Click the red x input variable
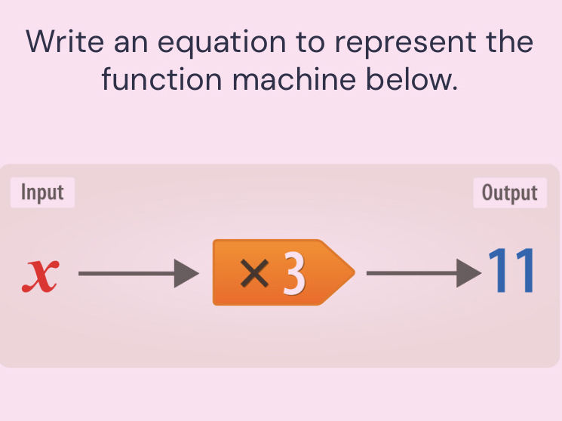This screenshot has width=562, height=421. point(41,275)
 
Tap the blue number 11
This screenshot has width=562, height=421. point(511,270)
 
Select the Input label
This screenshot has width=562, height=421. point(42,192)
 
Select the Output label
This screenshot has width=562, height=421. point(510,192)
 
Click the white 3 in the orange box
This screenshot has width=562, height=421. point(294,272)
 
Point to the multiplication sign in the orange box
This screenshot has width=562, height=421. point(254,273)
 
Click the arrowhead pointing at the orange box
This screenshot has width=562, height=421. point(186,273)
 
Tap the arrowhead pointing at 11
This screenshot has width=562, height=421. point(468,273)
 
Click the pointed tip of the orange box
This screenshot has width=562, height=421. point(355,272)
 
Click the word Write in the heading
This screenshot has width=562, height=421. point(65,41)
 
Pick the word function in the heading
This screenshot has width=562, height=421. point(161,78)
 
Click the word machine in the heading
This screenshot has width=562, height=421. point(294,78)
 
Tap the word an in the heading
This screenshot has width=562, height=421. point(131,44)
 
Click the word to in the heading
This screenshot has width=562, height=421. point(310,43)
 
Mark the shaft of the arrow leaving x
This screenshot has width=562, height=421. point(127,273)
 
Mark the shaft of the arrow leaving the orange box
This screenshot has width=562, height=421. point(411,273)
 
